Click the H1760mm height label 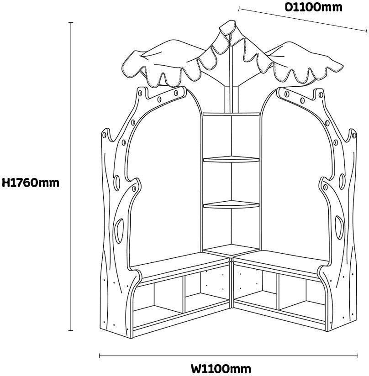coord(31,183)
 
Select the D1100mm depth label coord(313,7)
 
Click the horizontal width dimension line coord(228,355)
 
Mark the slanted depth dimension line coord(302,19)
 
